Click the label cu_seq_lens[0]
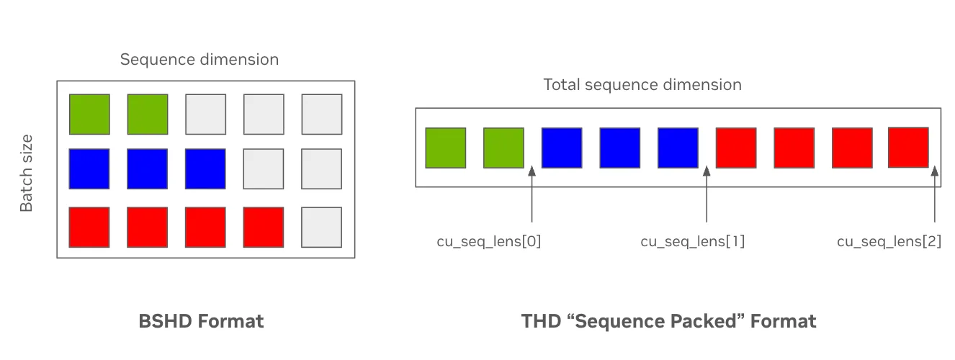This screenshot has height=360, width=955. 488,242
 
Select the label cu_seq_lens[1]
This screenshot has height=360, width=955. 692,242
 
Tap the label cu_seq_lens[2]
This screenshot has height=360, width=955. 889,242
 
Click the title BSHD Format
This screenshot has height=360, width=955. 201,321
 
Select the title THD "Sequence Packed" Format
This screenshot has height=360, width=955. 668,321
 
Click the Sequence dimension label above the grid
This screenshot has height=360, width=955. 199,59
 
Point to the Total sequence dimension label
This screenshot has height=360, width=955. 642,85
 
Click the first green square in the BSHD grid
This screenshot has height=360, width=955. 89,114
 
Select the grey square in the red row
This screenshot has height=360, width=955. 321,227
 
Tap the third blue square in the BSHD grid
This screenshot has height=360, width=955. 205,169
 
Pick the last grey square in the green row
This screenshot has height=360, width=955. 321,114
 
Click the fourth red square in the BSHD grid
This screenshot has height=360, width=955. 264,227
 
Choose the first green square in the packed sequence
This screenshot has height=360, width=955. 446,148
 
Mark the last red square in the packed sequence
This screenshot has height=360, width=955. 908,148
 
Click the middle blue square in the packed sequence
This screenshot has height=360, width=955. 619,148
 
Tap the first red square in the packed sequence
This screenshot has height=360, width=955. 736,148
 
